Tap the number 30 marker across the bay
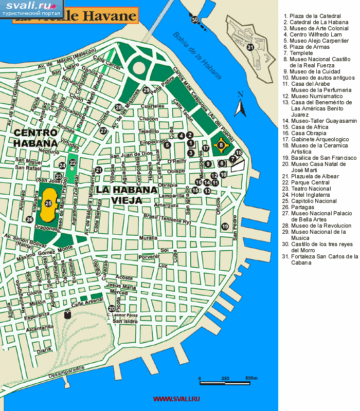(194, 20)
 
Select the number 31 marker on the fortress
(250, 47)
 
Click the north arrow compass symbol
(239, 105)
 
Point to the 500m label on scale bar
(251, 378)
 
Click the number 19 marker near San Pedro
(225, 227)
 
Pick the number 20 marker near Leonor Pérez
(112, 309)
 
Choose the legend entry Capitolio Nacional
(313, 201)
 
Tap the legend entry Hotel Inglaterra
(312, 195)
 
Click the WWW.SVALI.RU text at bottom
(176, 399)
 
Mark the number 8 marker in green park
(221, 145)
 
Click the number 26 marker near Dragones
(29, 219)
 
